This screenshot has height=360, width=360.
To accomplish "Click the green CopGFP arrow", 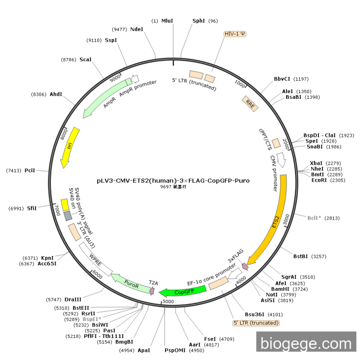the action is tap(183, 292).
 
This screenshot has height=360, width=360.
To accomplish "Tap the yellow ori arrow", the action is tap(69, 147).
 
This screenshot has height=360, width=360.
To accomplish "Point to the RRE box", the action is tap(250, 104).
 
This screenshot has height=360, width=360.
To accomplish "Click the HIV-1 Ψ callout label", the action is tap(235, 34).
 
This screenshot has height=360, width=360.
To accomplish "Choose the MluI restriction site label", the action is tap(167, 21).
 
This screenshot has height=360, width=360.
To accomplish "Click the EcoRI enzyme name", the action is tap(319, 180).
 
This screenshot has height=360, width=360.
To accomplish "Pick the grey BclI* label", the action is tap(314, 218).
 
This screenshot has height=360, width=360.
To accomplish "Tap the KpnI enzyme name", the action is tap(47, 258).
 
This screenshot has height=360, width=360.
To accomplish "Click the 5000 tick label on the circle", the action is tap(168, 301).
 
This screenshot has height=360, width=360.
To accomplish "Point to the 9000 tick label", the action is tap(115, 78).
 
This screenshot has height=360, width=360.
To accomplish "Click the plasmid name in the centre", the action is tap(173, 181).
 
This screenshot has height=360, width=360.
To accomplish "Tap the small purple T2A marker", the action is tap(152, 291).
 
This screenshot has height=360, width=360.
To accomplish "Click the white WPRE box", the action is tap(96, 259).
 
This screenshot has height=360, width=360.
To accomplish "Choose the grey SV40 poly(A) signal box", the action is tap(68, 216).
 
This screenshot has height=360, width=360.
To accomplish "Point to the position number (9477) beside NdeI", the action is tap(119, 29).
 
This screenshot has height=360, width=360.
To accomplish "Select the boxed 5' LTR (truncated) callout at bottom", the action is tap(256, 323).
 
